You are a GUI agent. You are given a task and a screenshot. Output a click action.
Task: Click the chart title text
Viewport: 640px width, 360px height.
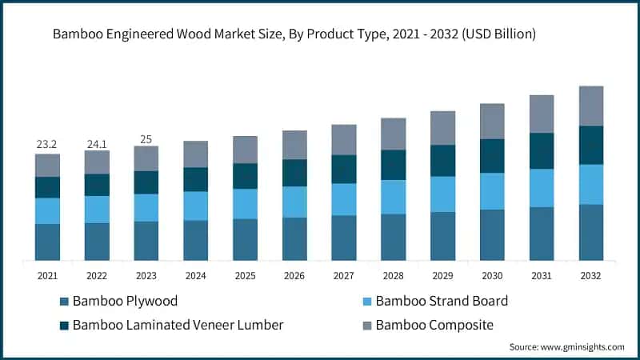click(x=294, y=34)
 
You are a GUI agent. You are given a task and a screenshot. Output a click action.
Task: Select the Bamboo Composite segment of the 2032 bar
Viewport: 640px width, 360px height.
click(x=591, y=106)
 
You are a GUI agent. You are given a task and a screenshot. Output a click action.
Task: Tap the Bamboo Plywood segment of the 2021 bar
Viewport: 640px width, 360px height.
click(x=47, y=242)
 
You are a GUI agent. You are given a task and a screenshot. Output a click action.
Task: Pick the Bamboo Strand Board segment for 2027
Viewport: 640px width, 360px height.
click(x=344, y=199)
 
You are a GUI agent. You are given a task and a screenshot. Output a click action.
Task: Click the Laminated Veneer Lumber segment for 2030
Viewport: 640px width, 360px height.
click(x=492, y=156)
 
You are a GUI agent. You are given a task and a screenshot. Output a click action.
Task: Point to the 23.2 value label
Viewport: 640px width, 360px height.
click(x=47, y=145)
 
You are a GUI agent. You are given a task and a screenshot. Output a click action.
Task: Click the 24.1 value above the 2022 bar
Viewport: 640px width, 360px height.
click(x=97, y=145)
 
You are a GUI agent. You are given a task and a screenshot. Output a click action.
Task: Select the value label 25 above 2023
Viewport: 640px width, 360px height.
click(x=146, y=139)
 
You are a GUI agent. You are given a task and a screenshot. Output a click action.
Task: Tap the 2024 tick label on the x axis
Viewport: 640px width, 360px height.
click(x=196, y=275)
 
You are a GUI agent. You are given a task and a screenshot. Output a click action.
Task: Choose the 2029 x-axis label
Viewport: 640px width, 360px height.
click(x=442, y=275)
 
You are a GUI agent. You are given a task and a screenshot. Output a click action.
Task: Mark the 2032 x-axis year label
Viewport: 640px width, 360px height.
click(x=591, y=275)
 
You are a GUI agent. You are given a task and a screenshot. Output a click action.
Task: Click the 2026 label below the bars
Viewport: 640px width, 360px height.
click(x=294, y=275)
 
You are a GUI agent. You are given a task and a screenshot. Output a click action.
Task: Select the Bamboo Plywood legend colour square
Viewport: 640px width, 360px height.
click(x=63, y=302)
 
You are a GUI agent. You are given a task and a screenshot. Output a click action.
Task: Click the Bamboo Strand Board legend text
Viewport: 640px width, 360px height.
click(x=442, y=302)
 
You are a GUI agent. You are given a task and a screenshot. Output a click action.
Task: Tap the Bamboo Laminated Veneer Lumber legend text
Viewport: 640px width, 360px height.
click(x=178, y=325)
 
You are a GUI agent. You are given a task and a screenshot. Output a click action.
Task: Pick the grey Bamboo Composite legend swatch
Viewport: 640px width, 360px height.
click(x=366, y=325)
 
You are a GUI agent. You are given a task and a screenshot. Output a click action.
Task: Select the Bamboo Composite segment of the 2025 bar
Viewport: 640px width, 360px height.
click(x=245, y=150)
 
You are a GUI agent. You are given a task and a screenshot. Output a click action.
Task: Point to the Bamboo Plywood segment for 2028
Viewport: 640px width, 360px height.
click(x=394, y=237)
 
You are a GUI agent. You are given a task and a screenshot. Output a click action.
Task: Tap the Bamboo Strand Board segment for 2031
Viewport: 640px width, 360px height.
click(x=542, y=188)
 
